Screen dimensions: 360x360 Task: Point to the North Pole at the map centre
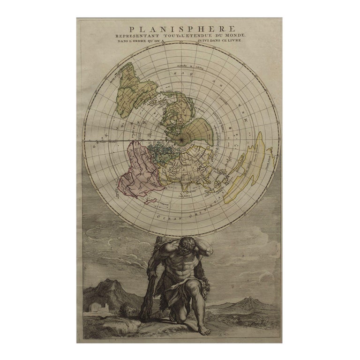tap(180, 139)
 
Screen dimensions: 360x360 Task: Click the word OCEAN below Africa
tap(171, 217)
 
